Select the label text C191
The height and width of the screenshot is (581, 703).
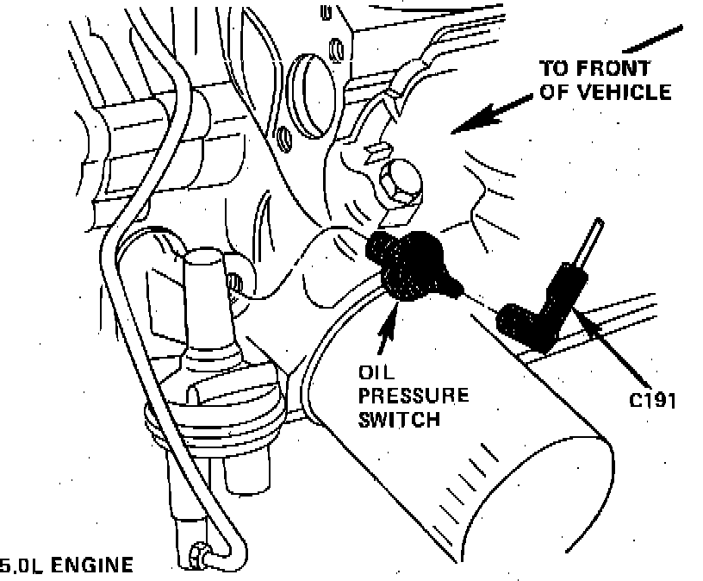[653, 400]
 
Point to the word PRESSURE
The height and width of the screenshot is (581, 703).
[401, 397]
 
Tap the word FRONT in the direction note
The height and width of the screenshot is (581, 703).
[619, 68]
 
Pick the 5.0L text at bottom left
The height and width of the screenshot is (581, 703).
[18, 566]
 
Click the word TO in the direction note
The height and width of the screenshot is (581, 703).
[556, 68]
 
